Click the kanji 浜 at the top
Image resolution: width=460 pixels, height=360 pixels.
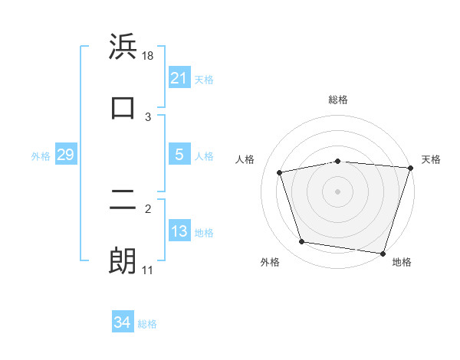tap(123, 47)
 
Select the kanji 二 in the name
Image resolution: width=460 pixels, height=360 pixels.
tap(123, 201)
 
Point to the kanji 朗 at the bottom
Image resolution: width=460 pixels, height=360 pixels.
tap(123, 261)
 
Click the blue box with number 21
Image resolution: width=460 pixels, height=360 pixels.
tap(179, 78)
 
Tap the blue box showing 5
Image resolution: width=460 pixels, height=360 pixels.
tap(179, 155)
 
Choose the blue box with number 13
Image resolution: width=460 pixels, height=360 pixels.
tap(179, 232)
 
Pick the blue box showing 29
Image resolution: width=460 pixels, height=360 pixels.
tap(65, 155)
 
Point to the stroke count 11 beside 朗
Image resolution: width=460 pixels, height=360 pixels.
tap(148, 270)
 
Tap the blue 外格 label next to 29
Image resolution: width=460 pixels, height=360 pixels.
tap(41, 156)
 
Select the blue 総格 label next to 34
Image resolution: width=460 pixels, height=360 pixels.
tap(147, 324)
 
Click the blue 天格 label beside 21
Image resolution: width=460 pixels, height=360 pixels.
tap(204, 79)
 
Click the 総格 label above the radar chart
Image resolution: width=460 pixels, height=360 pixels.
tap(338, 100)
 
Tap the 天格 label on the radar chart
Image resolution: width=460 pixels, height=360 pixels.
tap(432, 159)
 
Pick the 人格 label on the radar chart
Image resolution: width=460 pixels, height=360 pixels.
tap(245, 159)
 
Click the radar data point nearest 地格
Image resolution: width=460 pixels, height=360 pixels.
tap(383, 253)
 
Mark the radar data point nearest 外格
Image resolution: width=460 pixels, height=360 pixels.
tap(302, 242)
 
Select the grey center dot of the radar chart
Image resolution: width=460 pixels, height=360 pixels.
tap(338, 191)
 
